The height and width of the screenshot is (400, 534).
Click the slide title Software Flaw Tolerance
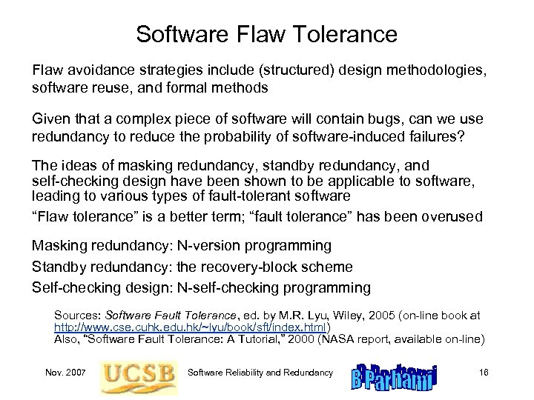point(267,34)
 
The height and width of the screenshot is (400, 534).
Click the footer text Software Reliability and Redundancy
point(260,372)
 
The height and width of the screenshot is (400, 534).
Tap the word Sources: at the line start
point(76,316)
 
